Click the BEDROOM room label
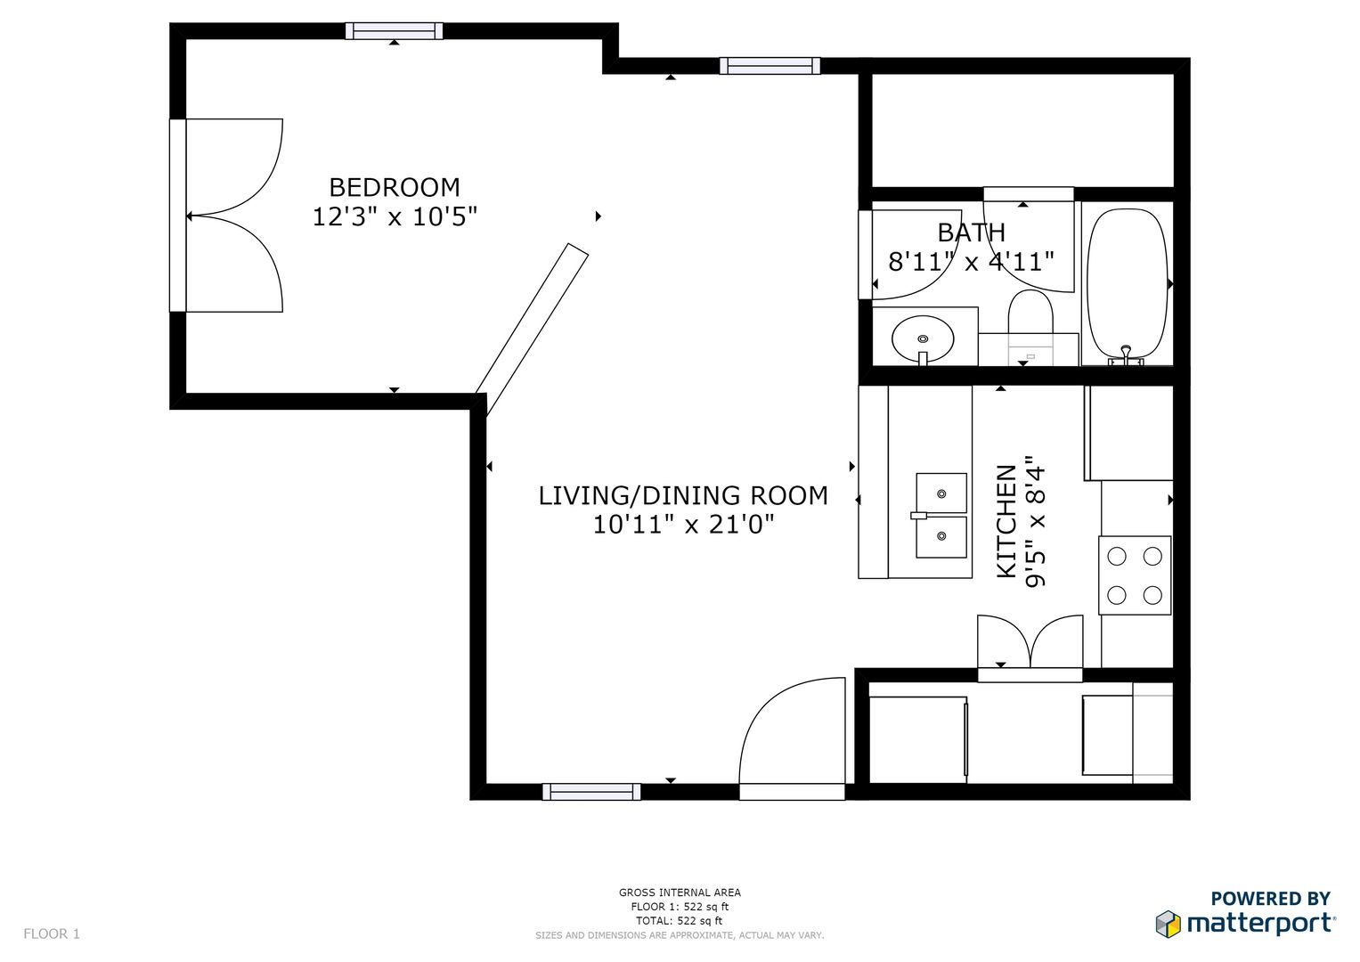tap(395, 188)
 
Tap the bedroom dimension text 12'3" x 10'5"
tap(395, 216)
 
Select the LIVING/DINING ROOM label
tap(683, 496)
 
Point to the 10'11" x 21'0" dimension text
tap(683, 525)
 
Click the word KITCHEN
tap(1007, 521)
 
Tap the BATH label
tap(972, 232)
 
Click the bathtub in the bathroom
tap(1127, 287)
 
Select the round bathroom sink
tap(923, 339)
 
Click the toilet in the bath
tap(1030, 328)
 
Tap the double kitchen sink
tap(941, 516)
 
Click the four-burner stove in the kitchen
tap(1135, 575)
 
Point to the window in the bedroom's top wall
tap(394, 31)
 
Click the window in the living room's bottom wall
tap(591, 792)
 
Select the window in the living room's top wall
tap(770, 66)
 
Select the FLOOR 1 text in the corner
tap(52, 934)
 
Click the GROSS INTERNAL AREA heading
tap(680, 893)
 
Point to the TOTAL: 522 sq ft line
tap(680, 921)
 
